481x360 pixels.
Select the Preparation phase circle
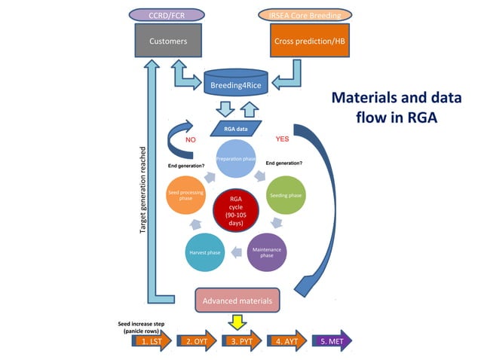tap(238, 160)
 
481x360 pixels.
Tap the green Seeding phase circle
tap(286, 195)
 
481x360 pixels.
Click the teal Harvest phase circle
tap(204, 252)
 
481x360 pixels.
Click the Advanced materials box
tap(237, 301)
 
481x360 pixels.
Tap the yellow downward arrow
tap(237, 322)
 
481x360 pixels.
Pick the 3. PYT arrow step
tap(241, 341)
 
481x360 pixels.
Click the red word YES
tap(283, 139)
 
